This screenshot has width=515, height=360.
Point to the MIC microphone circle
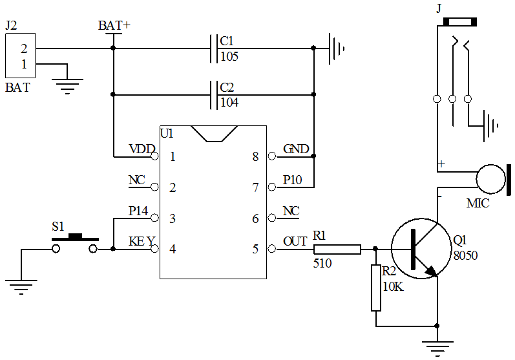(x=490, y=179)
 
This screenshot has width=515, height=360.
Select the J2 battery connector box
(x=20, y=56)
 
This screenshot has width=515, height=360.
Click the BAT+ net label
(x=114, y=26)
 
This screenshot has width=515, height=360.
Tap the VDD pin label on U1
(x=142, y=149)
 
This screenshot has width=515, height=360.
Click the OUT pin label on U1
(x=295, y=242)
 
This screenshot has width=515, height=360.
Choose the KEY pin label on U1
(x=142, y=242)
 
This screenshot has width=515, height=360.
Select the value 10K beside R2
(x=393, y=286)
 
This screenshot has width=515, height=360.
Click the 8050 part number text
(x=465, y=255)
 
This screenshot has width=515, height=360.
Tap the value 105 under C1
(x=229, y=57)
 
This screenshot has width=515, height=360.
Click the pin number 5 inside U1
(x=255, y=249)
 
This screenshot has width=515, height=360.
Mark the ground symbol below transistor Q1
(x=437, y=346)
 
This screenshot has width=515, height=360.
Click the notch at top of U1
(x=213, y=133)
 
